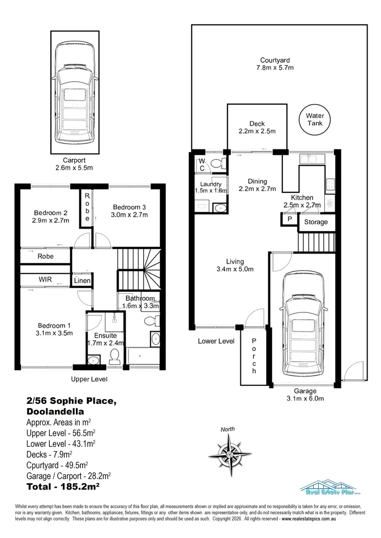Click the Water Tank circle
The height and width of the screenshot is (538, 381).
pos(314,120)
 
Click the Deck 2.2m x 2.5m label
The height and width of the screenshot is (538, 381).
pos(257,128)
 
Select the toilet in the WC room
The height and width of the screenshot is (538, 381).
pos(216,163)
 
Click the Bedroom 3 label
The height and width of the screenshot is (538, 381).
pos(130,211)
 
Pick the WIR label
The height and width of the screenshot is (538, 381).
pos(45,279)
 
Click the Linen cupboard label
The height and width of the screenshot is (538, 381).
pos(82,281)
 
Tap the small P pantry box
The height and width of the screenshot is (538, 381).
pos(289,220)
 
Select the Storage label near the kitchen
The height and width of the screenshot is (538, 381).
pos(316,222)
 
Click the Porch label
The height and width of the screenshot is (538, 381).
pos(254,356)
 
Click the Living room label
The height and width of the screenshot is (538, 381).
pos(234,266)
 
